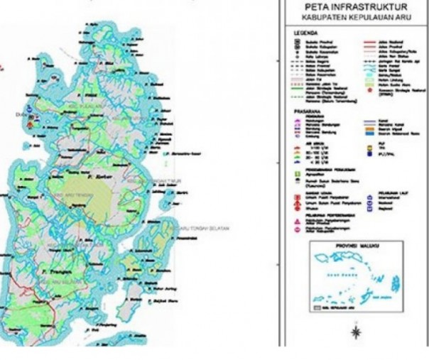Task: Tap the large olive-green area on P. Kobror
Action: pyautogui.click(x=92, y=188)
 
